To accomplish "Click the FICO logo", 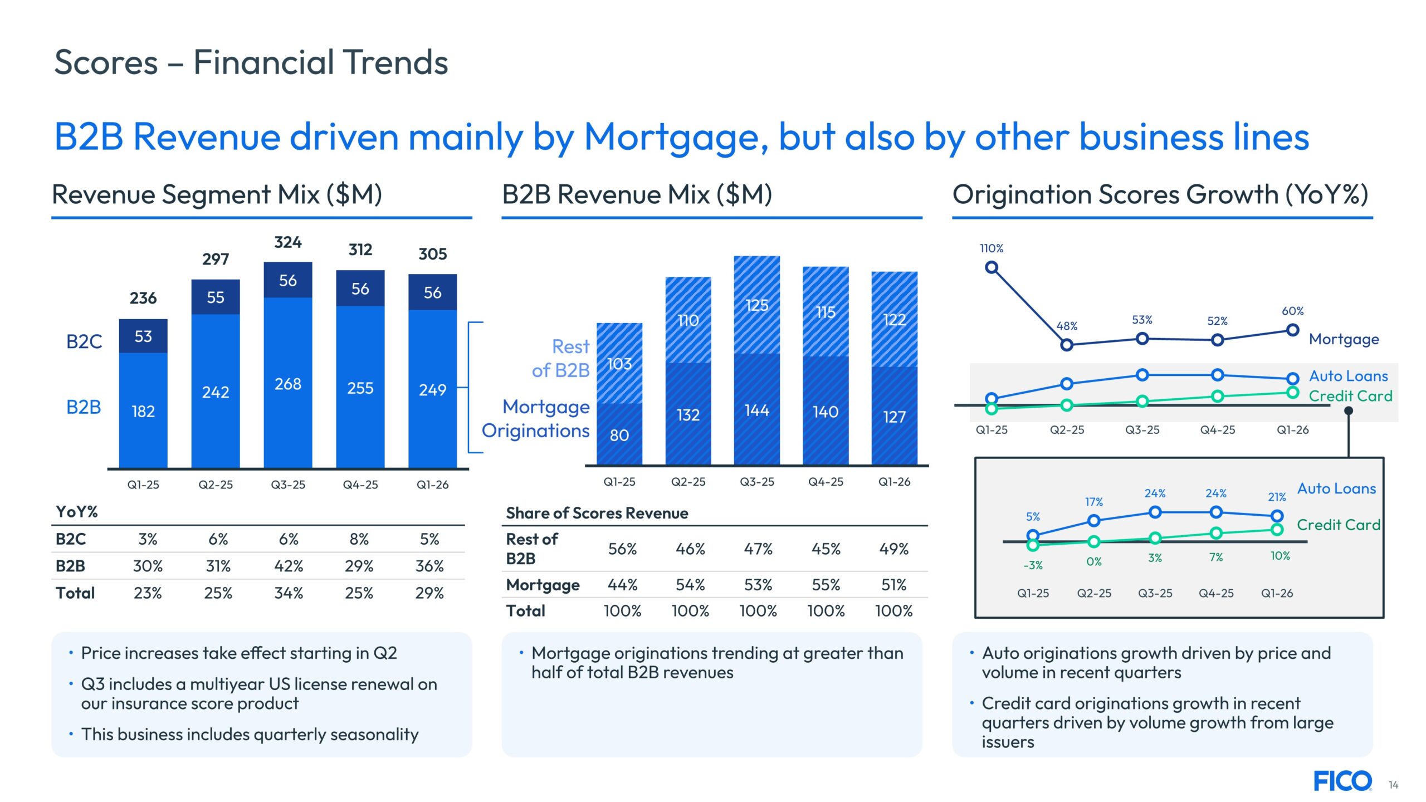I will (1342, 781).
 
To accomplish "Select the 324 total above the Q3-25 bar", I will (288, 242).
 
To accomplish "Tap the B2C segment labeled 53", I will (143, 336).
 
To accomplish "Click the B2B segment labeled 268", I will (288, 384).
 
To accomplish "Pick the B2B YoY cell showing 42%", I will (289, 566).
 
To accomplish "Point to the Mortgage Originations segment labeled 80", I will (619, 435).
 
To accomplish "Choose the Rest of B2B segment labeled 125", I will (757, 305).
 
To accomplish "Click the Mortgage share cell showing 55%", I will (826, 585).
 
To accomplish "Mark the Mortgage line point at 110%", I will (992, 268).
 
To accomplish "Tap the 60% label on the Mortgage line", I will (1293, 311).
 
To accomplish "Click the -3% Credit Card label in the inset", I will (1033, 565).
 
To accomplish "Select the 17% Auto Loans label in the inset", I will (1094, 502).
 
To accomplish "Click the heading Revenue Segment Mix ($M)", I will (217, 194).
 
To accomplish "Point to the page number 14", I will (1394, 785).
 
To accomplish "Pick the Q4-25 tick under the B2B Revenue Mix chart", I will (826, 482).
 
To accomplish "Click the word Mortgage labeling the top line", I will (1344, 339).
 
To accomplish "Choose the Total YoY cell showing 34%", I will (289, 593).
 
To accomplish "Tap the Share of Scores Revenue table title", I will (597, 513).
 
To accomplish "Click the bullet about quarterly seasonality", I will (250, 735).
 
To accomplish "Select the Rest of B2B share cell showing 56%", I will (622, 549).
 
